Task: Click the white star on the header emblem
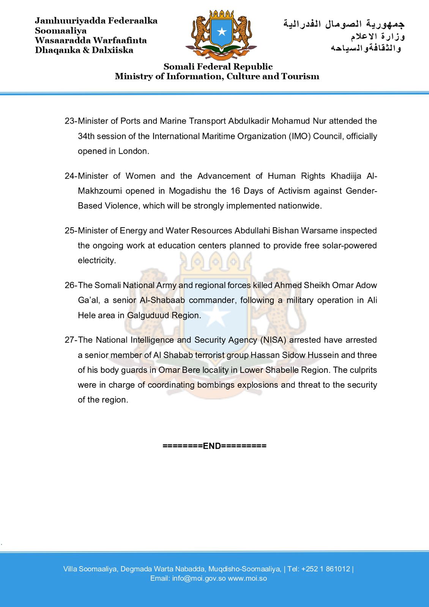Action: (221, 31)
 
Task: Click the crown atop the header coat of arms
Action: (221, 14)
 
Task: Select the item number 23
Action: (70, 121)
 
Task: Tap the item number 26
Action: (70, 285)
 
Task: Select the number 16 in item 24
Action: (235, 191)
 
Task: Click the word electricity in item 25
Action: (96, 260)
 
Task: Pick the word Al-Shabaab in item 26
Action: (162, 300)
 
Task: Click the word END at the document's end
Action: (212, 446)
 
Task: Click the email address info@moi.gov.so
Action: (199, 579)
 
